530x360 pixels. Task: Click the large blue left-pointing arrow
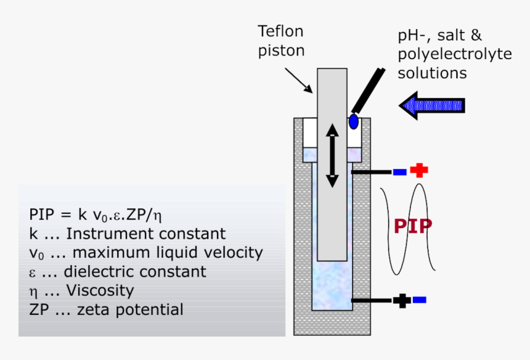pyautogui.click(x=432, y=105)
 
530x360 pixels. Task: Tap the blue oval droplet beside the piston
pyautogui.click(x=354, y=121)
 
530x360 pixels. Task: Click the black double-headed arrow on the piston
pyautogui.click(x=332, y=155)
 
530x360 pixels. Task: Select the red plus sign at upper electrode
pyautogui.click(x=419, y=171)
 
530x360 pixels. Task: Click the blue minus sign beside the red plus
pyautogui.click(x=400, y=171)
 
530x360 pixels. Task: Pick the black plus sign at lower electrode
pyautogui.click(x=401, y=301)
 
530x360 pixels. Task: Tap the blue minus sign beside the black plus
pyautogui.click(x=420, y=300)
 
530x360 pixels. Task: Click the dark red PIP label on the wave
pyautogui.click(x=413, y=226)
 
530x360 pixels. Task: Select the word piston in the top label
pyautogui.click(x=280, y=51)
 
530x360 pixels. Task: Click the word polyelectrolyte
pyautogui.click(x=454, y=54)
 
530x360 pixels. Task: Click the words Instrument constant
pyautogui.click(x=145, y=234)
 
